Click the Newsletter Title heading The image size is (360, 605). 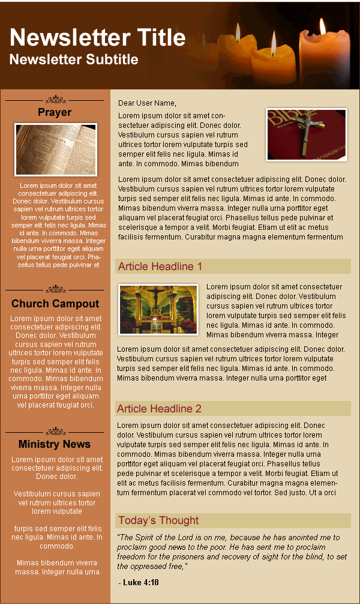click(x=98, y=37)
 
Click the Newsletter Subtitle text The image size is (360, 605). click(x=74, y=59)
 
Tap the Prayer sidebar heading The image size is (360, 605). click(x=55, y=112)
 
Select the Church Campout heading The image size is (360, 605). click(x=55, y=304)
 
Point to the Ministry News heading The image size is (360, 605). click(x=55, y=444)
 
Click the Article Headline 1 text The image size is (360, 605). click(x=160, y=266)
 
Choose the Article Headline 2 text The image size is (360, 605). click(x=159, y=409)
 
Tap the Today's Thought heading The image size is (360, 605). click(x=158, y=520)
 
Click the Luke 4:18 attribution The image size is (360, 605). click(x=140, y=582)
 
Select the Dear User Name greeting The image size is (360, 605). click(x=147, y=103)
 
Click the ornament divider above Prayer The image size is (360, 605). click(x=55, y=99)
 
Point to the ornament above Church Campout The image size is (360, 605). click(x=55, y=289)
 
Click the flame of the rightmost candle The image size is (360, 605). click(x=322, y=26)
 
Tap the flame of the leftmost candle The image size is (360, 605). click(x=238, y=32)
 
